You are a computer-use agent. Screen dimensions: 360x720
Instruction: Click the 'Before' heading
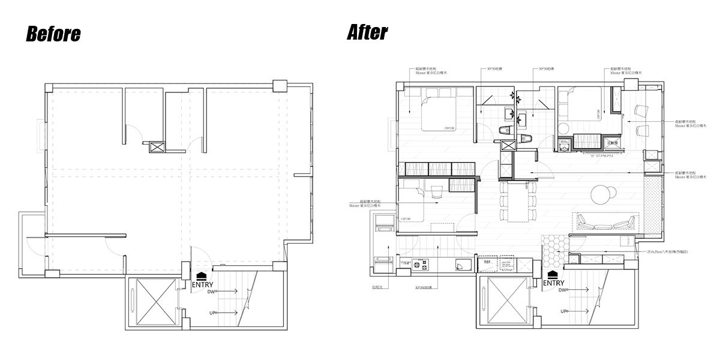[53, 34]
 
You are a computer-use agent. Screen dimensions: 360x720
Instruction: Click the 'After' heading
[367, 32]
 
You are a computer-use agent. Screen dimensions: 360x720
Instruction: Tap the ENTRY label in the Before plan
[202, 284]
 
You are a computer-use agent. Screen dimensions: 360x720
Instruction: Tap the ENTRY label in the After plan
[553, 283]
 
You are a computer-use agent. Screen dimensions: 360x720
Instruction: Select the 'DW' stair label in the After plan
[562, 290]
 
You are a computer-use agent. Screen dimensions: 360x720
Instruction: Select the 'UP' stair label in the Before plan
[211, 312]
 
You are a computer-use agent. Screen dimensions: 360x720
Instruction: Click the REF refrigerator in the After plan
[487, 262]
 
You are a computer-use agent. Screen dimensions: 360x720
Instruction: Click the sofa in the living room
[606, 223]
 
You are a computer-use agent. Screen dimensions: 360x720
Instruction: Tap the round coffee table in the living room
[602, 194]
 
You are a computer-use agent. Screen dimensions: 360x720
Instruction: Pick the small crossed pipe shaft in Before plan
[157, 147]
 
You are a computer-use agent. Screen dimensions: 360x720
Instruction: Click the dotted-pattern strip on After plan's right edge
[652, 204]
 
